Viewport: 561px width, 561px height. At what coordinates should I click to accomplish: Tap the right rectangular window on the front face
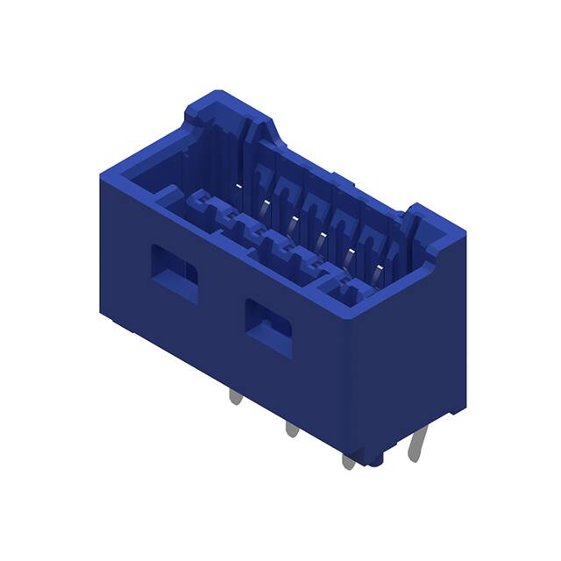[x=268, y=326]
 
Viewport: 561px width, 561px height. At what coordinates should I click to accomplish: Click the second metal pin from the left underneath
[x=290, y=430]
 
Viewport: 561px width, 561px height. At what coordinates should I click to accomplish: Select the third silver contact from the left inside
[x=293, y=218]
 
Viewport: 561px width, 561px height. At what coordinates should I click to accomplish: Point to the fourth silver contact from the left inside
[x=321, y=235]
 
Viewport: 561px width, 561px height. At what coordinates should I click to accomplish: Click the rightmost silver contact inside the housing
[x=379, y=270]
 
